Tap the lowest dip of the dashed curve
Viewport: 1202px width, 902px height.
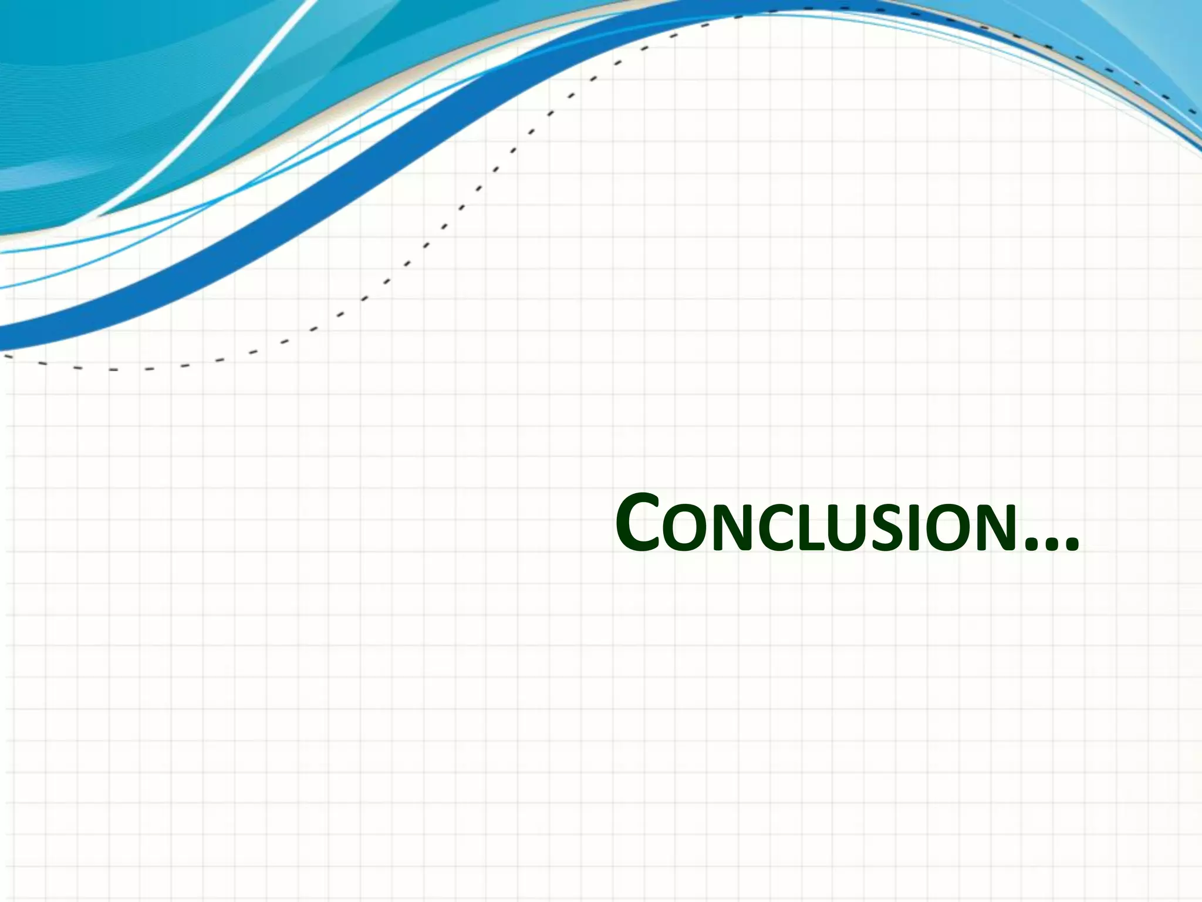[x=112, y=369]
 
